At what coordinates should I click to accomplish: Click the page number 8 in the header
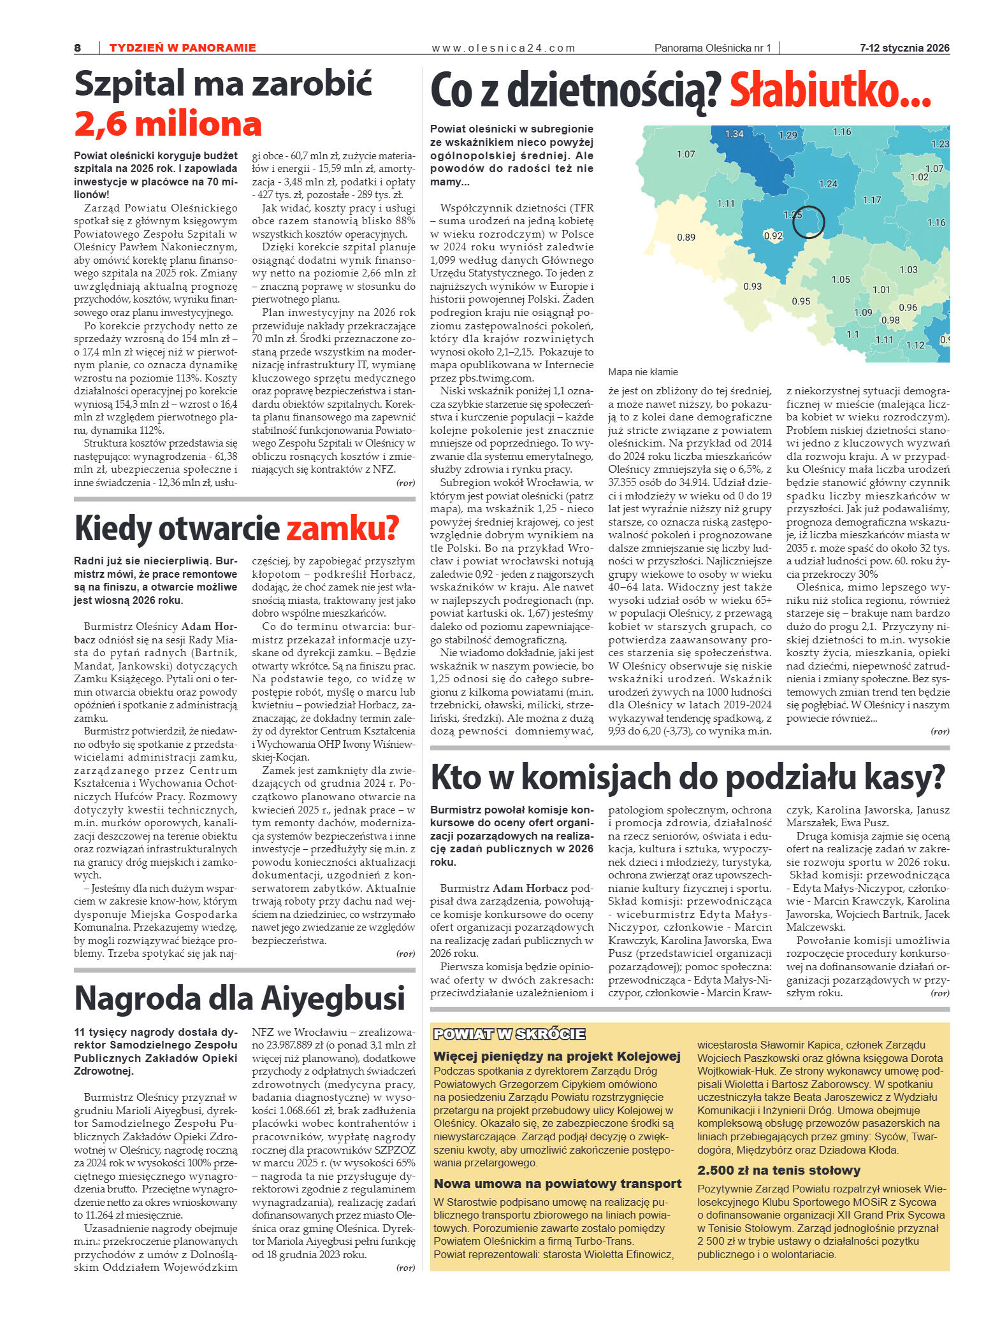click(78, 48)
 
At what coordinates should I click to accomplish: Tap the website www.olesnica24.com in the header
click(503, 48)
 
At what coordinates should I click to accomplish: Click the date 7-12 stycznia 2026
click(904, 48)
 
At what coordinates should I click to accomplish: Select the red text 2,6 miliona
click(168, 124)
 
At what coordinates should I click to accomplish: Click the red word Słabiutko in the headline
click(829, 91)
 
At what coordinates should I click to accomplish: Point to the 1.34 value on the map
click(734, 134)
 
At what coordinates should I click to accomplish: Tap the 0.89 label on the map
click(686, 238)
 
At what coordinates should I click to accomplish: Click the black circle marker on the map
click(808, 222)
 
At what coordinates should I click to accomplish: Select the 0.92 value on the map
click(772, 236)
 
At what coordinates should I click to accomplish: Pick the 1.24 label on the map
click(828, 184)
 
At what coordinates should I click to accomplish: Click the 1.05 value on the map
click(841, 280)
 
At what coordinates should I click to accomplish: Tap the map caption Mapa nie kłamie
click(642, 372)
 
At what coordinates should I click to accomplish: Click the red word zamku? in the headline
click(342, 528)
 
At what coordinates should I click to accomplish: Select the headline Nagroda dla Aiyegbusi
click(240, 998)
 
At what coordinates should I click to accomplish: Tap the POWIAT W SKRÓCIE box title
click(509, 1035)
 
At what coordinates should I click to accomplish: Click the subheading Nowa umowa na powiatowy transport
click(557, 1184)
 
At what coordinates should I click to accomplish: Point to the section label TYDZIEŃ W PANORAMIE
click(182, 48)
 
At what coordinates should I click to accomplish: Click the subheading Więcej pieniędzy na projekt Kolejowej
click(556, 1056)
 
